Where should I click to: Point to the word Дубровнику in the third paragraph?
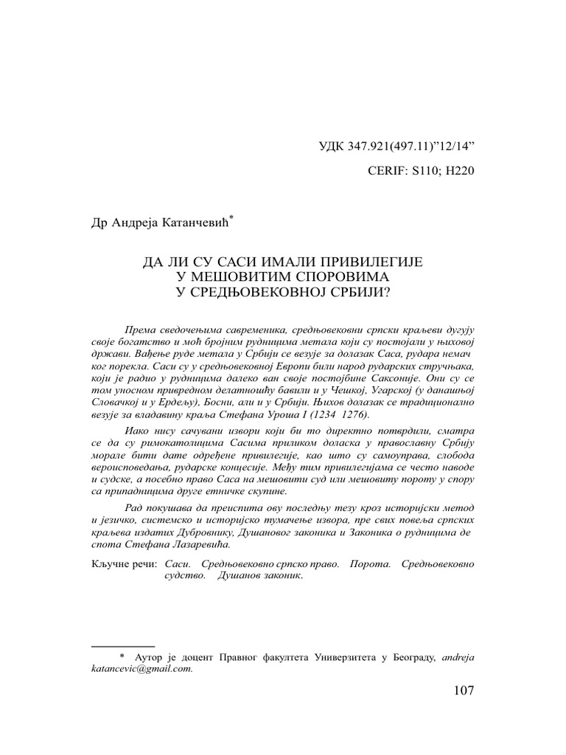[x=209, y=533]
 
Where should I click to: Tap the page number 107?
[x=460, y=691]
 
